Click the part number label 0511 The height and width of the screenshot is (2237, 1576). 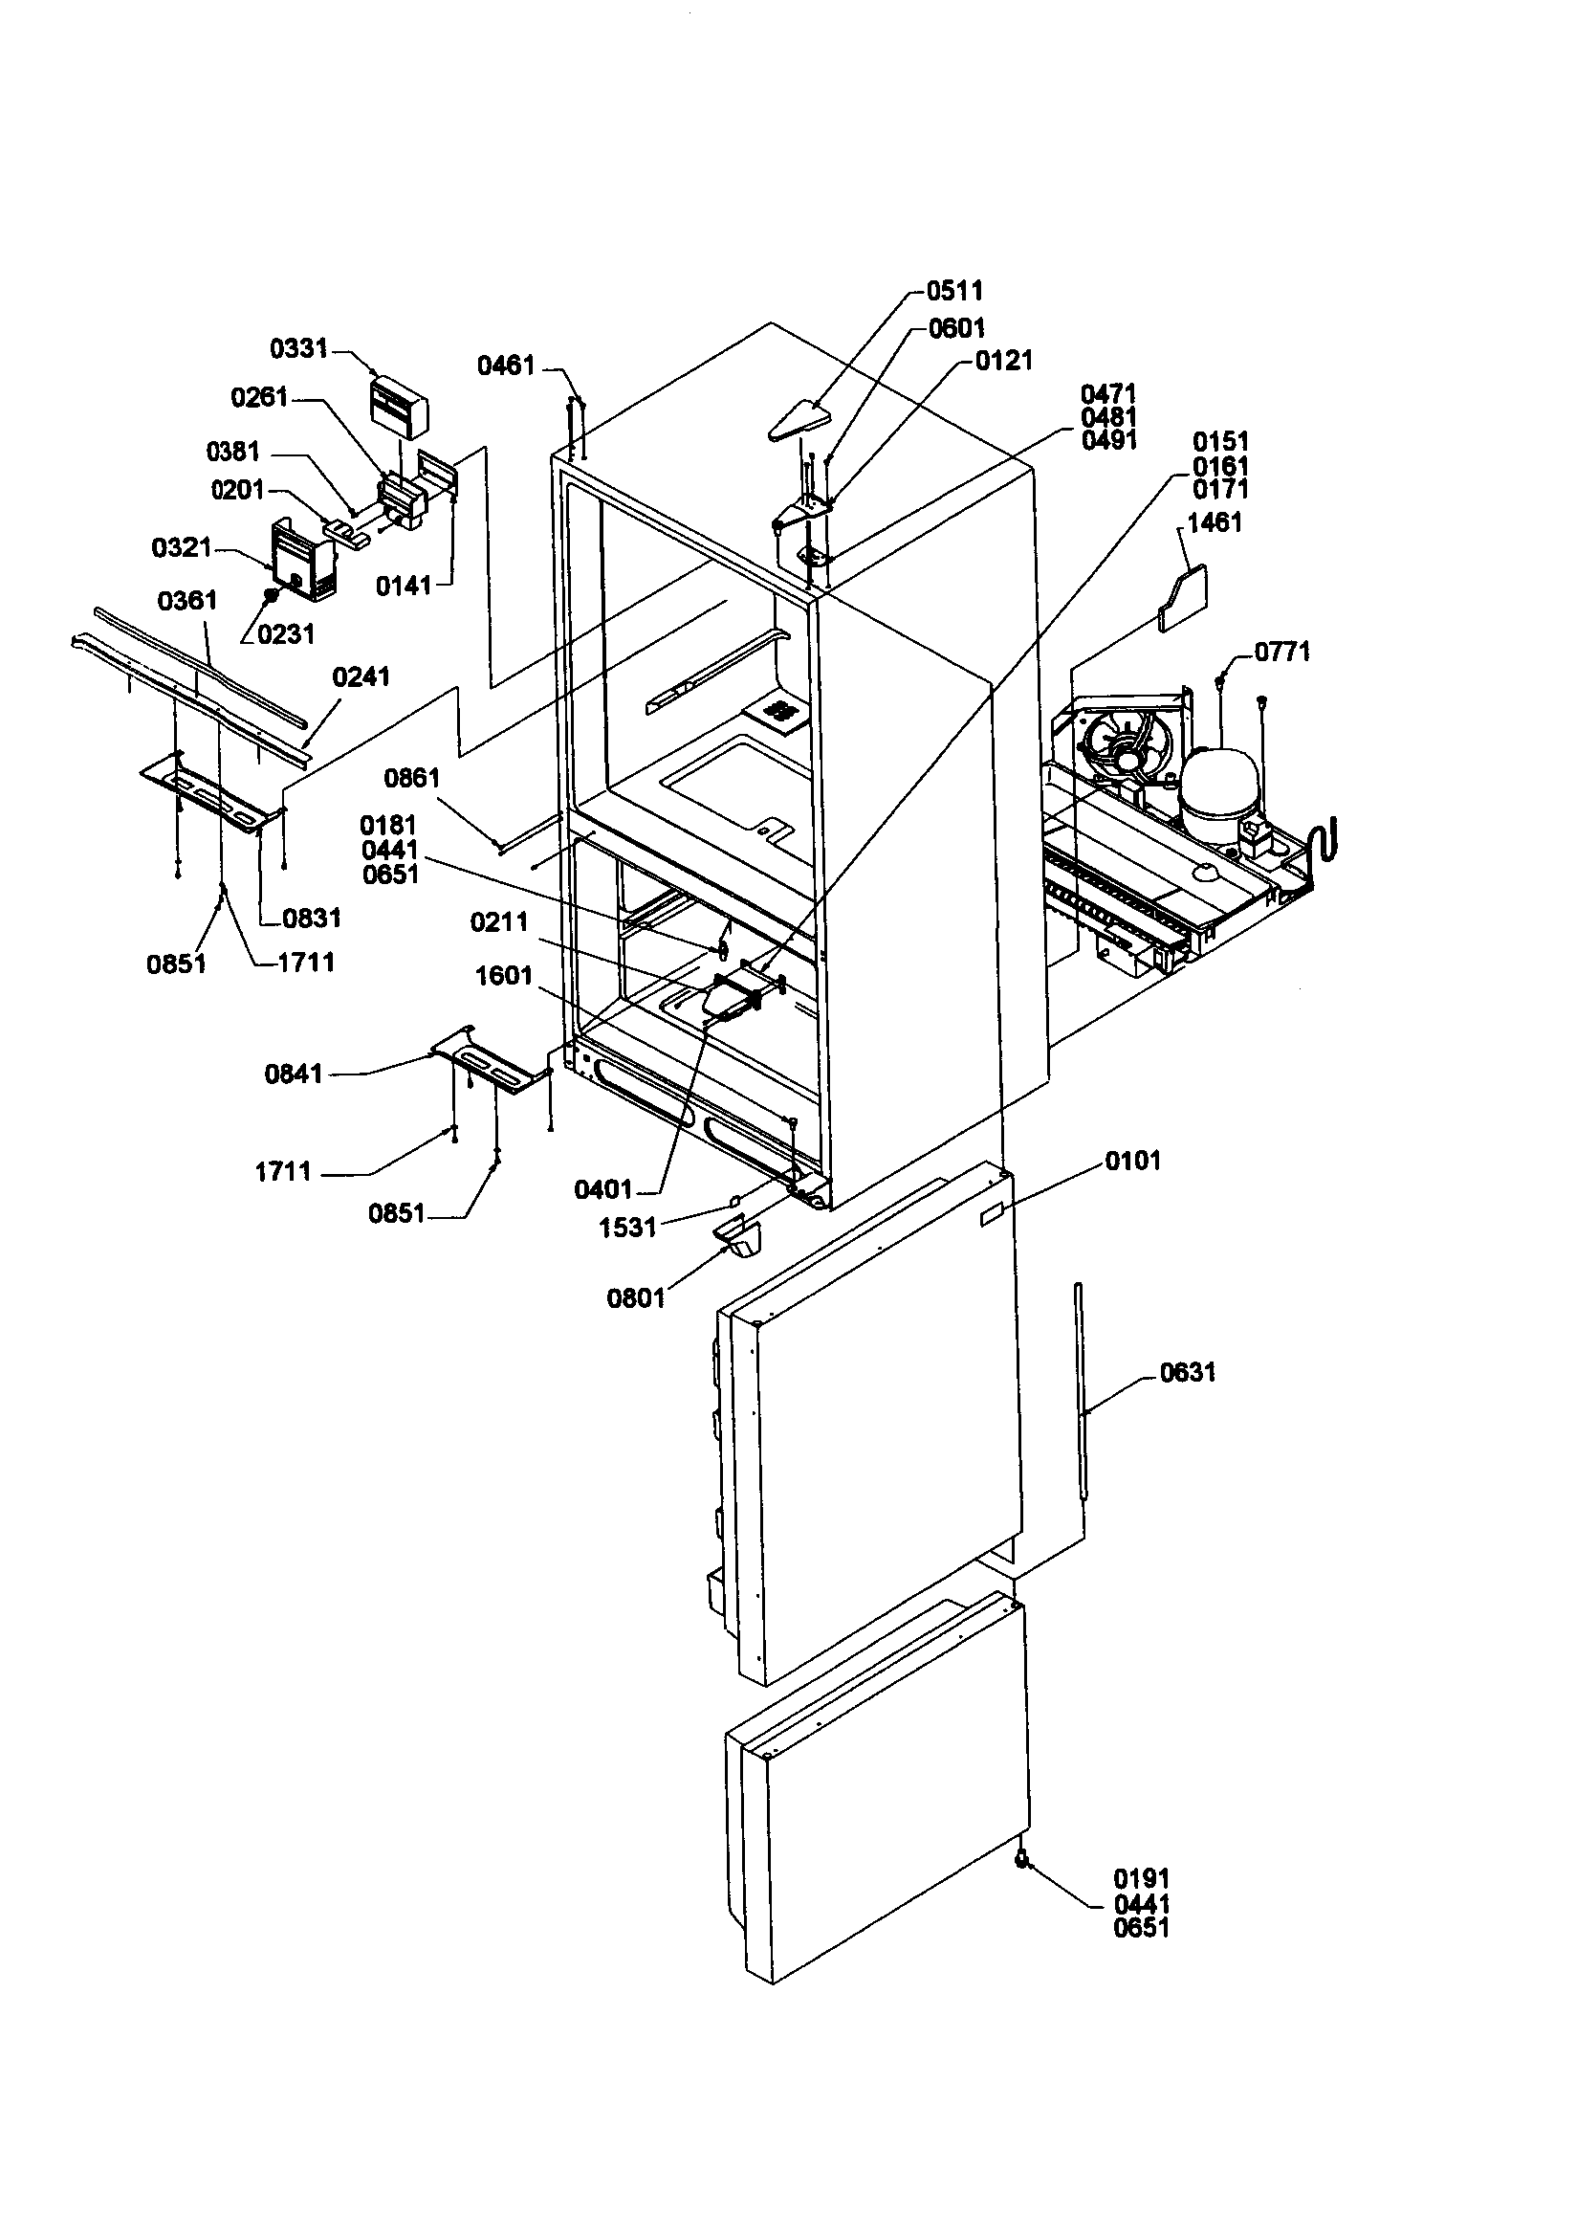[x=953, y=290]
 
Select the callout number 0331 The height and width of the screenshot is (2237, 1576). [x=298, y=349]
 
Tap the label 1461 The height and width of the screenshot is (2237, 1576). [x=1215, y=523]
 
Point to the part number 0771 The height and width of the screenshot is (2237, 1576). [x=1281, y=652]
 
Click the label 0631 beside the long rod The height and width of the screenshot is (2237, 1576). [x=1188, y=1374]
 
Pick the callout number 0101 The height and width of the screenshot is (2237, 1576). [x=1133, y=1161]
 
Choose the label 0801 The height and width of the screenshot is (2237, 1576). [x=635, y=1297]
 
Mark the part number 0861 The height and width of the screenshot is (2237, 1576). [x=411, y=778]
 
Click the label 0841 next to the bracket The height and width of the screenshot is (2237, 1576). [x=294, y=1074]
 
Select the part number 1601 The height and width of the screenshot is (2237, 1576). [x=504, y=975]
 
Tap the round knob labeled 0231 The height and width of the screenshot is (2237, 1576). [x=272, y=594]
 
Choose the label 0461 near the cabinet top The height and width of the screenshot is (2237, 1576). [x=506, y=365]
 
